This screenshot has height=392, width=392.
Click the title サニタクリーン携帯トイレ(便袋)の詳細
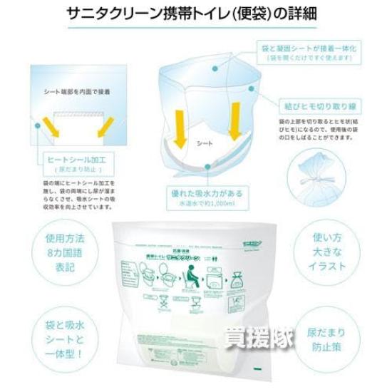point(196,14)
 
